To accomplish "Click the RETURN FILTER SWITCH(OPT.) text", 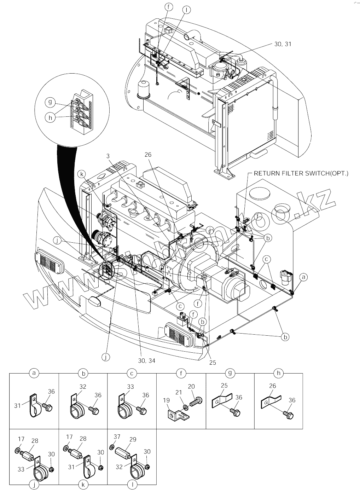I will (x=301, y=173).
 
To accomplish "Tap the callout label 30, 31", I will (x=283, y=44).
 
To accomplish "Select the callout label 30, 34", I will (x=146, y=360).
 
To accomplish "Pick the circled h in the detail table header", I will (x=278, y=373).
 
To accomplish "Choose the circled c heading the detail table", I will (x=132, y=373).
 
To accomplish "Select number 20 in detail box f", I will (x=191, y=386).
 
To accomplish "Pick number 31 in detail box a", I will (x=18, y=406).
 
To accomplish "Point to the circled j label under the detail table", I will (x=34, y=485).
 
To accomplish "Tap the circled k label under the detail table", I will (x=83, y=485).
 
